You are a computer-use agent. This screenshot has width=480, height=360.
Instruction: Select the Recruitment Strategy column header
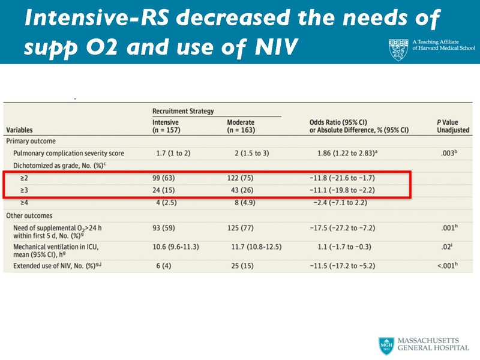[x=183, y=111]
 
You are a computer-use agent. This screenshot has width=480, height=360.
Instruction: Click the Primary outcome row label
[x=31, y=141]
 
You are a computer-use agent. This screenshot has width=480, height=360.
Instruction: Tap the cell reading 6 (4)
[x=163, y=265]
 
